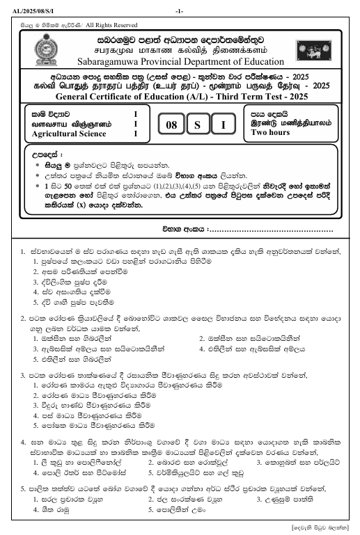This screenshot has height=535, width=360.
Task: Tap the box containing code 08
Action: coord(170,126)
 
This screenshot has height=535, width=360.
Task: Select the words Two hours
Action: coord(270,133)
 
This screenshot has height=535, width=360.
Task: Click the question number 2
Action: coord(25,317)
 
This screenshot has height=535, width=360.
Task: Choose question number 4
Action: coord(25,442)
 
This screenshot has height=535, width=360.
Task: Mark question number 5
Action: coord(25,488)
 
